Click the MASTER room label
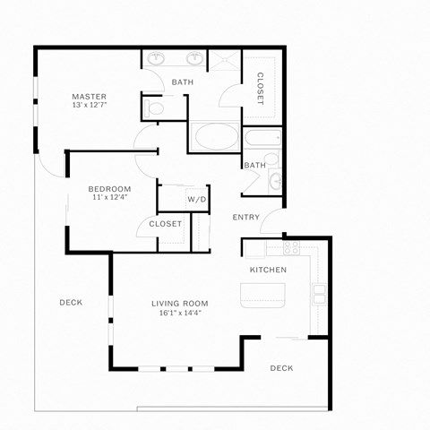coord(90,97)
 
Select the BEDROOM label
coord(109,188)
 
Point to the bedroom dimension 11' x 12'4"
coord(109,198)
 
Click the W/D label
coord(196,198)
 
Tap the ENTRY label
coord(246,218)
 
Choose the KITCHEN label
coord(268,270)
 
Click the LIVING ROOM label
coord(179,303)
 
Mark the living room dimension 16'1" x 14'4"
coord(179,314)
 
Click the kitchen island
coord(262,295)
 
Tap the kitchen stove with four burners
coord(290,246)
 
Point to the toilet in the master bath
coord(154,108)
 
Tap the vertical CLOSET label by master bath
coord(260,88)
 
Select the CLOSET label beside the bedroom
coord(165,224)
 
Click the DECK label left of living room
coord(71,303)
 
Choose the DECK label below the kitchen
coord(281,368)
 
